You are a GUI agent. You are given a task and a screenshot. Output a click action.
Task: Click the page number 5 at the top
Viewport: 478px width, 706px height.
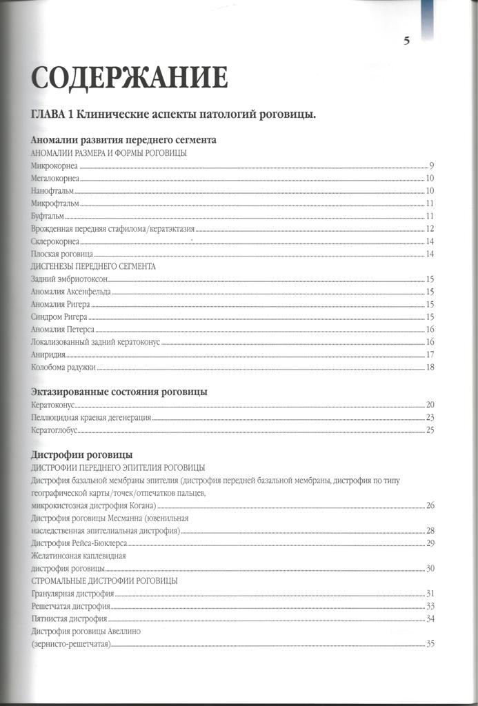406,40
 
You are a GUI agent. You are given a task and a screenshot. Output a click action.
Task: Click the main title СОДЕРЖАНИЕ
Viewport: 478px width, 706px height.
130,77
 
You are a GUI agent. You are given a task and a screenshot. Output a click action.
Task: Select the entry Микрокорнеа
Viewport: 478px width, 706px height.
55,166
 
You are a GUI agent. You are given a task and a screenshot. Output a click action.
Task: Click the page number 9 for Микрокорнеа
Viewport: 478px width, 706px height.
430,166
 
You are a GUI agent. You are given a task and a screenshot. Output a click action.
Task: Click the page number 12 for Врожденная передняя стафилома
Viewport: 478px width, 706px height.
429,229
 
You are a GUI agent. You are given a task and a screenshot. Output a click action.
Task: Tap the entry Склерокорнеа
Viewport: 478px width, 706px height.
55,241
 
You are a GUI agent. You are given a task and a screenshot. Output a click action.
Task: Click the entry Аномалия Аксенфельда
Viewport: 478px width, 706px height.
70,292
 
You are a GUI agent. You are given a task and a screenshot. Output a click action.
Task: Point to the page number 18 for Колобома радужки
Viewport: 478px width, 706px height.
429,367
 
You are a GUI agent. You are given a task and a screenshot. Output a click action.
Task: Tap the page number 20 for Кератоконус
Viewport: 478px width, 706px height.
429,405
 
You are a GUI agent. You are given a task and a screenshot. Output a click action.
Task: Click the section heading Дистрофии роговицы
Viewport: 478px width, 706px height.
82,455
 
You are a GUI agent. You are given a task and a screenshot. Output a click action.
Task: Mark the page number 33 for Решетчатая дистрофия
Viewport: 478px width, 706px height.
429,606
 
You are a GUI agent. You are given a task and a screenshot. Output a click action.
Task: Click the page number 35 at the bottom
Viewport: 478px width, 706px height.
429,644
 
